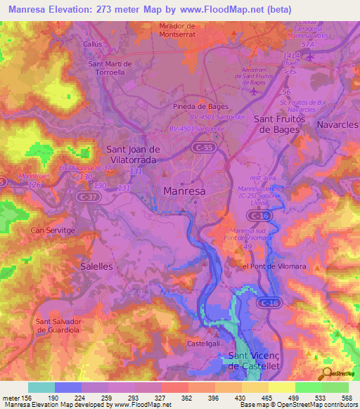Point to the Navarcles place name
[337, 124]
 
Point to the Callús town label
[93, 44]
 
